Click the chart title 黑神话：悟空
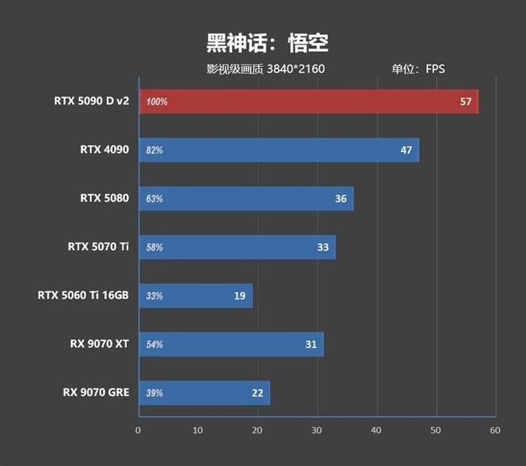262,42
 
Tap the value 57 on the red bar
466,102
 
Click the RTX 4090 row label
104,150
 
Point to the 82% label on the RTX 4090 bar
155,151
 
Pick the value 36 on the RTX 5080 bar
341,198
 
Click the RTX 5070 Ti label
98,247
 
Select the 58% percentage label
155,248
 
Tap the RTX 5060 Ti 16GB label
83,296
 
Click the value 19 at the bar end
240,296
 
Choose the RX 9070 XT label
100,344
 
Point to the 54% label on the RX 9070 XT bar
155,345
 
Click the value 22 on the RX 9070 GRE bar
257,394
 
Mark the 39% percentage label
155,394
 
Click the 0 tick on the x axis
139,430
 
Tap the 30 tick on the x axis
317,430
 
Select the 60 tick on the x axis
495,430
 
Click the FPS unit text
435,69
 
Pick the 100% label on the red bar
157,102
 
